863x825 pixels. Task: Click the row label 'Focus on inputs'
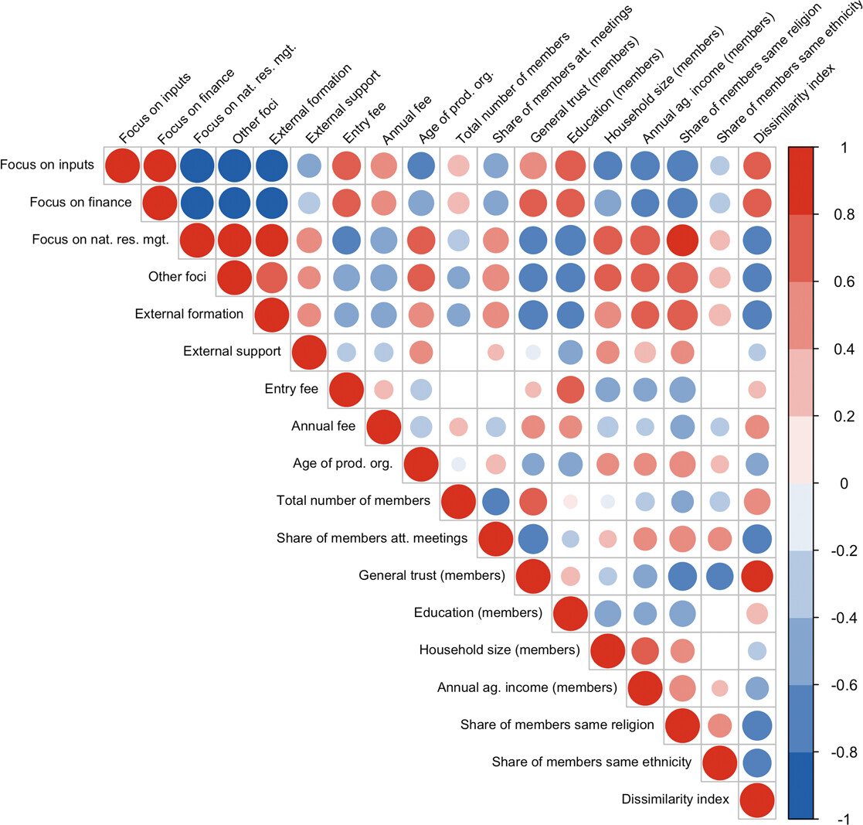pos(47,165)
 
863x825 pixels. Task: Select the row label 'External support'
pos(233,351)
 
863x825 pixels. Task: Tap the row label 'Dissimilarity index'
pos(675,799)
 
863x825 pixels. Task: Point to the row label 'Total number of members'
pos(353,500)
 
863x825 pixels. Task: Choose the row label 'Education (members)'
pos(478,613)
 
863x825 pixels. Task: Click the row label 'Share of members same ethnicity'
pos(592,762)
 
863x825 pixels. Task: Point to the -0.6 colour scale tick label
pos(844,685)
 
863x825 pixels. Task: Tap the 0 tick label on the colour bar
pos(844,483)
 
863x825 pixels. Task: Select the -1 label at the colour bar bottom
pos(843,819)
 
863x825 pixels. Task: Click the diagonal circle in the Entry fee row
pos(346,390)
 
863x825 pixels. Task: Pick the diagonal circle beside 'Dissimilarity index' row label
pos(757,799)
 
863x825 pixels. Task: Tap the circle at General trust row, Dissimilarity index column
pos(757,576)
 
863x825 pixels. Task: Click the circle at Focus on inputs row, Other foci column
pos(234,165)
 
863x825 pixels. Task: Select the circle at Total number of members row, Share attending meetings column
pos(495,501)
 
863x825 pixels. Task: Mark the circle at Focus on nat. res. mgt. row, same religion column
pos(682,240)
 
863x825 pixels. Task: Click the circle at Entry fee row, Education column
pos(570,390)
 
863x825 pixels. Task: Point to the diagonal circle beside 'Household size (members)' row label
pos(607,650)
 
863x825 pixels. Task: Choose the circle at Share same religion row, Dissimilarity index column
pos(757,725)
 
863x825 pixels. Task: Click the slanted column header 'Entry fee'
pos(365,123)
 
